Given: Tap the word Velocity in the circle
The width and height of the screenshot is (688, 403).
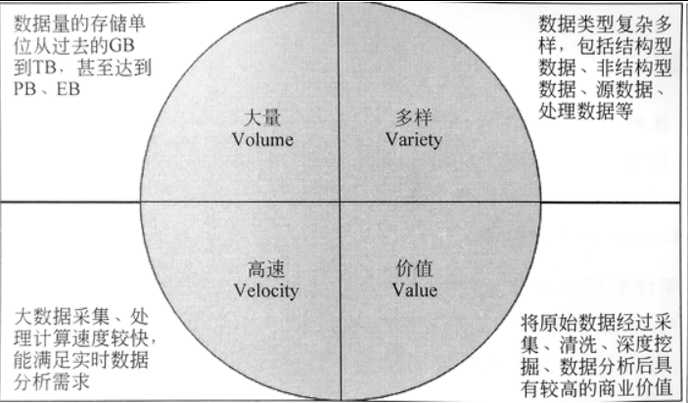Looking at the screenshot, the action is [267, 290].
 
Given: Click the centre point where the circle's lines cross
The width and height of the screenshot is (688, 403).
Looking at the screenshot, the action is [339, 202].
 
